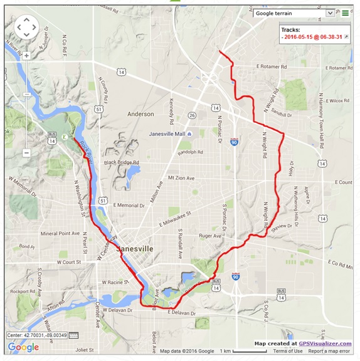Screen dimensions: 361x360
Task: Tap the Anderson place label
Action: click(140, 114)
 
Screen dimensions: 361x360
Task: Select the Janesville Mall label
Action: click(172, 134)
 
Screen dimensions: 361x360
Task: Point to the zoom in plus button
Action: click(26, 55)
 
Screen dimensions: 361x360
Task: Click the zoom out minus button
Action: click(26, 153)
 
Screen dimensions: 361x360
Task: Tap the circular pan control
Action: click(26, 27)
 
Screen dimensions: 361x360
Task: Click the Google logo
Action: click(23, 347)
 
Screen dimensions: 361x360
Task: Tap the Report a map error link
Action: click(332, 351)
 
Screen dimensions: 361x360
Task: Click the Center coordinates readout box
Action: click(37, 335)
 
